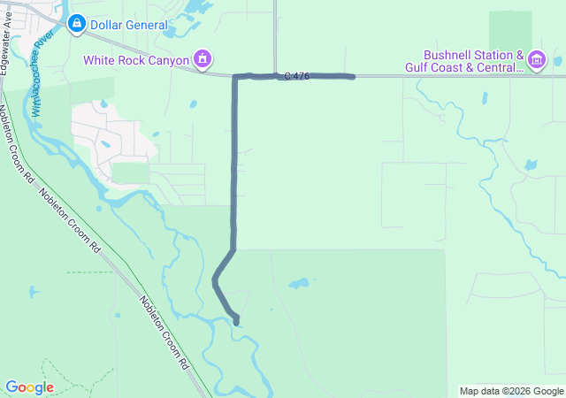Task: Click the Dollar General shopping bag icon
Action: coord(76,25)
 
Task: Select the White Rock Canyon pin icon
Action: coord(203,60)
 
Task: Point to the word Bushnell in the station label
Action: coord(448,54)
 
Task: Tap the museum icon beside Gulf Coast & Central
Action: coord(537,60)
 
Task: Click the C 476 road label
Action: coord(297,77)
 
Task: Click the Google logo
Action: coord(29,387)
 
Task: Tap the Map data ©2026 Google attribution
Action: coord(511,391)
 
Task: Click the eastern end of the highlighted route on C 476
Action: coord(353,77)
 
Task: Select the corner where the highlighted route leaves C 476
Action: coord(235,78)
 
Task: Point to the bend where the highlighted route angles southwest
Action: coord(233,250)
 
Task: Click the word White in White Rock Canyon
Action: coord(101,60)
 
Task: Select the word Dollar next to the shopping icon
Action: coord(107,25)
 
